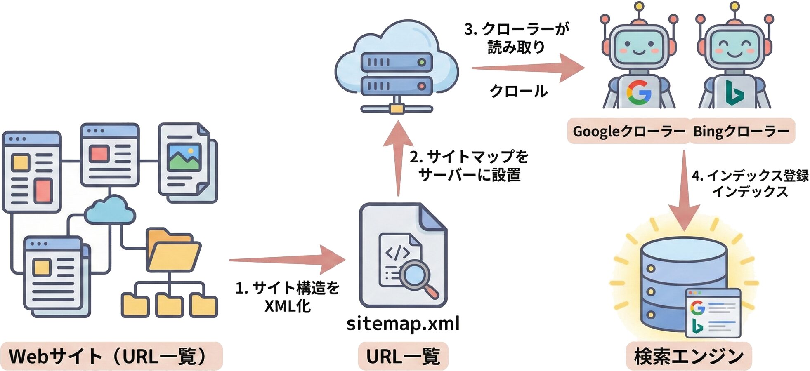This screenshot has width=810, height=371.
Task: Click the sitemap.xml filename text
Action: (x=403, y=324)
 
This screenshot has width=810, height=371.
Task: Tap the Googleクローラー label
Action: (x=628, y=131)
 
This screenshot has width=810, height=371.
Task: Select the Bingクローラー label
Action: (x=741, y=131)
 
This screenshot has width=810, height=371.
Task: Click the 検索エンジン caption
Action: (x=689, y=356)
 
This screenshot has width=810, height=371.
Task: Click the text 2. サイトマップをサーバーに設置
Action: (x=470, y=166)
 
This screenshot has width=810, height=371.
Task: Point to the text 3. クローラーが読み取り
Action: (x=516, y=38)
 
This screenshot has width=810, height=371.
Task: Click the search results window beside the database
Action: (x=713, y=313)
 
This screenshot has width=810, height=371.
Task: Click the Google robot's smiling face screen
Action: (x=638, y=45)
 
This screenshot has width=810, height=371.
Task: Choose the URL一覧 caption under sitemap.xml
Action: (x=403, y=356)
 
